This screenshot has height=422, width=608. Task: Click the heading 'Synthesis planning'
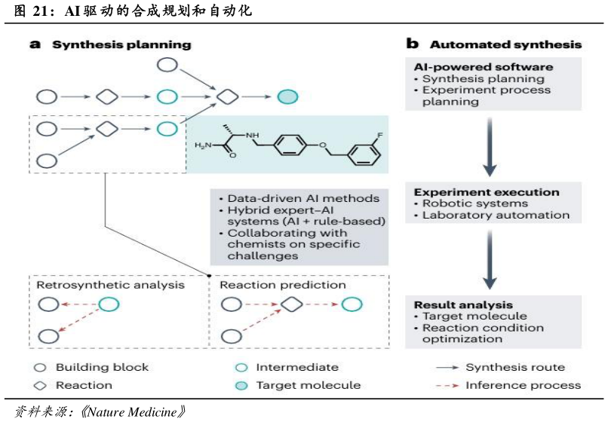(121, 44)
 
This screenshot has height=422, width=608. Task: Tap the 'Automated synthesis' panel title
(505, 44)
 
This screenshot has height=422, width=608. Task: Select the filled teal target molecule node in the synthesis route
(287, 96)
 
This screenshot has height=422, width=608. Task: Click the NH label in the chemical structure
(252, 135)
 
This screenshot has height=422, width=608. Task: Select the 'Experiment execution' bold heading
(487, 192)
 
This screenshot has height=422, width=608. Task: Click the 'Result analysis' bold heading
(457, 305)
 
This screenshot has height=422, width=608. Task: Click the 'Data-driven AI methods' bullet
(293, 198)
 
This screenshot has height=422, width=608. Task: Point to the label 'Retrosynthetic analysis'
(110, 286)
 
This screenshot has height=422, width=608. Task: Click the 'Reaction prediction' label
(282, 286)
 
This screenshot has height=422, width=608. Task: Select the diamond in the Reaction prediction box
(292, 305)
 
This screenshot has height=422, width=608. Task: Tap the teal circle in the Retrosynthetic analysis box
(109, 305)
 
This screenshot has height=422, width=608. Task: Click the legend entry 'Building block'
(102, 368)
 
